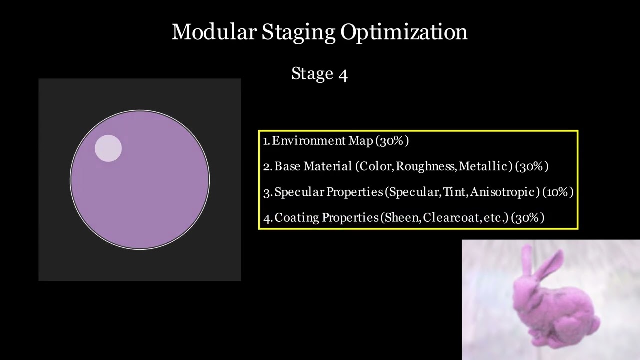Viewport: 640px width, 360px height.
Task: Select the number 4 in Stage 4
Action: pyautogui.click(x=343, y=75)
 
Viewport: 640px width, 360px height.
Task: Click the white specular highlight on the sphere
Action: pyautogui.click(x=108, y=148)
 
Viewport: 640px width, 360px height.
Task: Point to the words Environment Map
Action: pyautogui.click(x=322, y=141)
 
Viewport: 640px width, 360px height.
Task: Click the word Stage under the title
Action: pyautogui.click(x=312, y=74)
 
